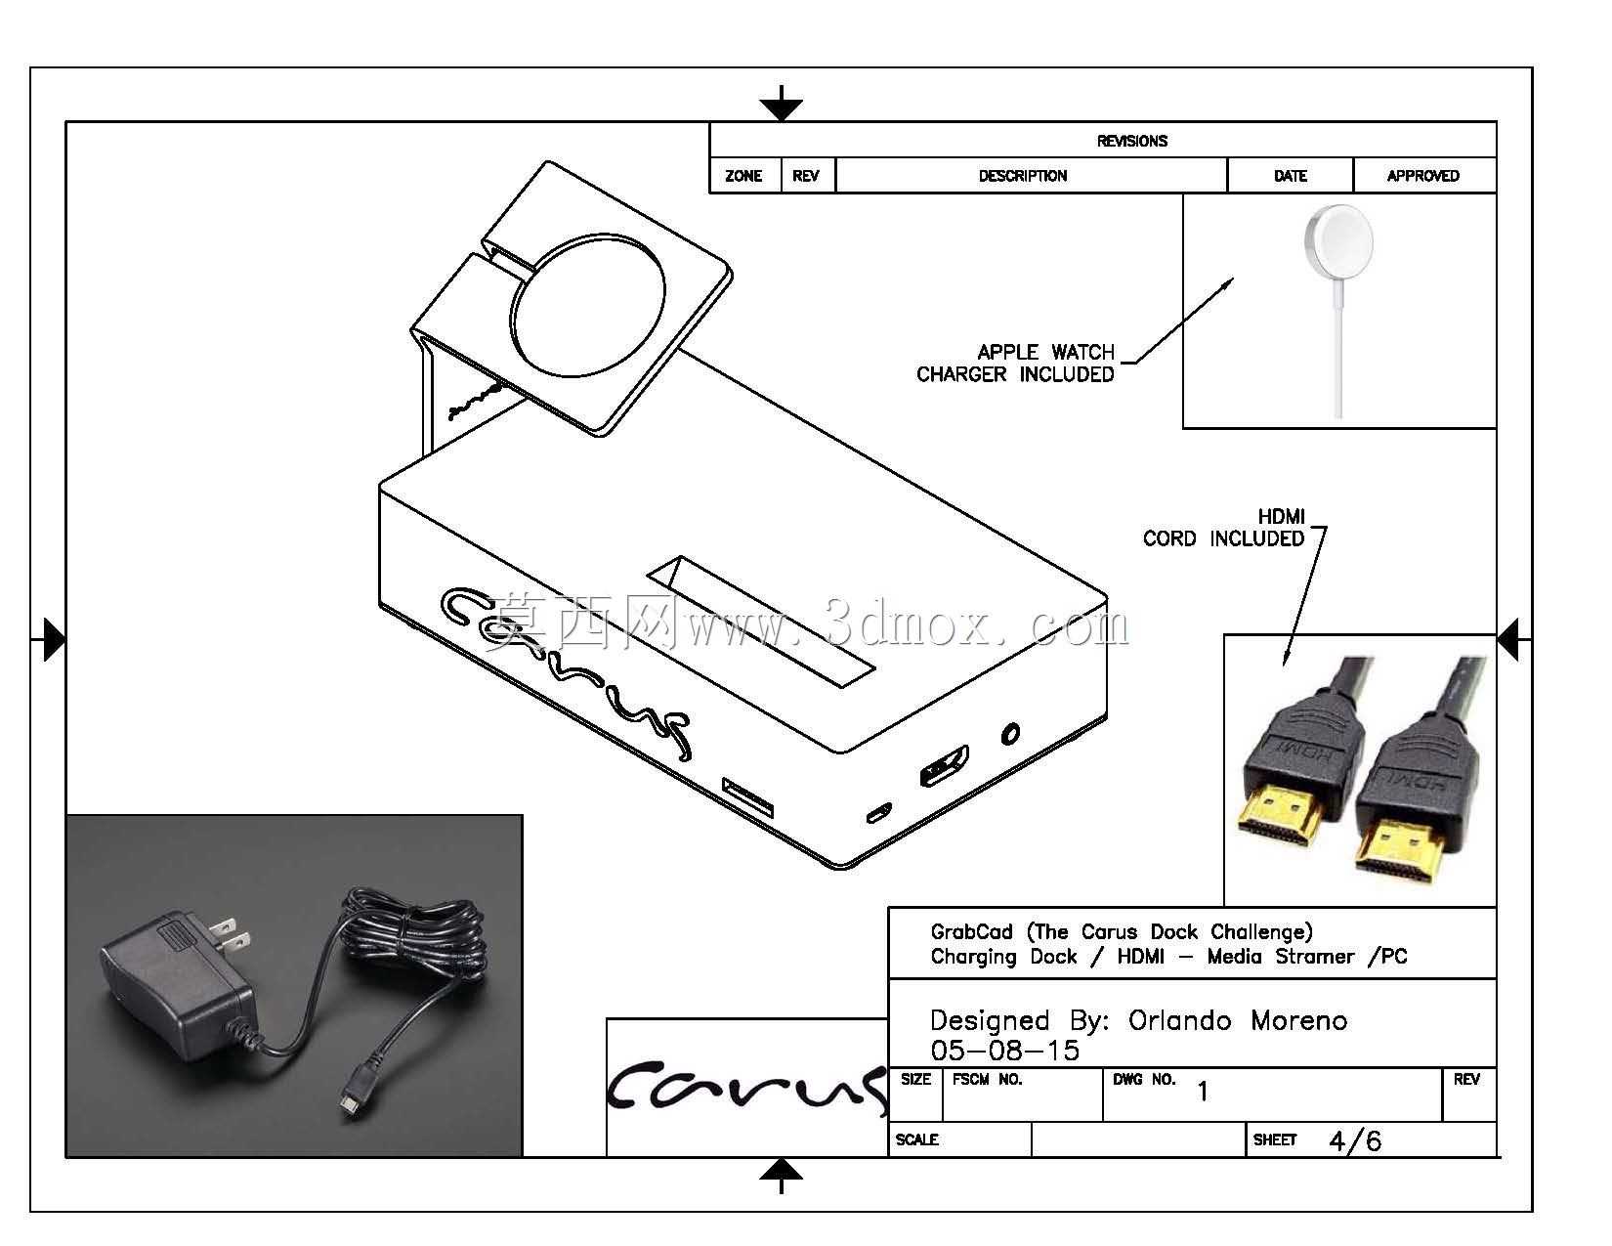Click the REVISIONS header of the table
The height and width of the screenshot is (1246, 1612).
(x=1131, y=141)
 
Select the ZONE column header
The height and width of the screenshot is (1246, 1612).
(x=743, y=176)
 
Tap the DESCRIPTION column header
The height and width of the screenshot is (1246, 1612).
(x=1022, y=176)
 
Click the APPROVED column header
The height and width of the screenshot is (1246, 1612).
(x=1422, y=176)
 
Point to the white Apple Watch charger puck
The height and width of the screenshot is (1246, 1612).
(x=1338, y=241)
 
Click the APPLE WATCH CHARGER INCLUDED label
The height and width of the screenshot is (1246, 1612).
(x=1015, y=363)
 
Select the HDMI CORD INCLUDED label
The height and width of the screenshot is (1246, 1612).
(x=1223, y=528)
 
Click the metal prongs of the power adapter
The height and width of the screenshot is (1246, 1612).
(x=229, y=934)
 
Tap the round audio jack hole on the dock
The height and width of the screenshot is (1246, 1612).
(x=1009, y=734)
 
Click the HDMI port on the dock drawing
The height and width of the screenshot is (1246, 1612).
(x=944, y=766)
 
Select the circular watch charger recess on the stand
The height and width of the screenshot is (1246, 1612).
(x=587, y=306)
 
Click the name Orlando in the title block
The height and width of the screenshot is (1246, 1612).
(x=1179, y=1021)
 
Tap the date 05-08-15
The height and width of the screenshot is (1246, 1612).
(x=1004, y=1051)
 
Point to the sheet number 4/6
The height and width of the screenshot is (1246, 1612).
(x=1355, y=1140)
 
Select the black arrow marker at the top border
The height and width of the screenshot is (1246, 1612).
(x=782, y=104)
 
